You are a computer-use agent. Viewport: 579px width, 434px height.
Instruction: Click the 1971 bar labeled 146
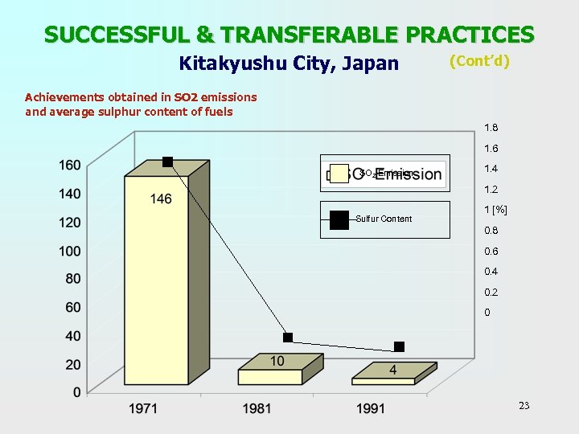(157, 281)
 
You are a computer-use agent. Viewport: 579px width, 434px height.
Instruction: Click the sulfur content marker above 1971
(167, 162)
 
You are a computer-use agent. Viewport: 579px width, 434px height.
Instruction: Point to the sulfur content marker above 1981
(288, 338)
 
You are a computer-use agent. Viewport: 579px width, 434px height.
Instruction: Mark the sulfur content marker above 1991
(399, 346)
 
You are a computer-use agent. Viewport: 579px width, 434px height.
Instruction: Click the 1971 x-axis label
(143, 409)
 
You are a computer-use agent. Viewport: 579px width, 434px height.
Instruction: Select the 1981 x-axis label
(257, 409)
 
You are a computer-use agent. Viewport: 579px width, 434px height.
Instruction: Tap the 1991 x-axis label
(371, 409)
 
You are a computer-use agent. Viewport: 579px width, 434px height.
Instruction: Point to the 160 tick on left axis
(69, 165)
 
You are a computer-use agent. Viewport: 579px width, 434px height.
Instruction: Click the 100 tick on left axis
(69, 251)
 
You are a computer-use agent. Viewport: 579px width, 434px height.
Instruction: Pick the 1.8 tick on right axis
(491, 128)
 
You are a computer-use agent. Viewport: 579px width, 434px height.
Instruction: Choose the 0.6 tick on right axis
(491, 251)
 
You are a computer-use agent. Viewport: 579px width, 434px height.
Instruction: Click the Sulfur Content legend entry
(384, 219)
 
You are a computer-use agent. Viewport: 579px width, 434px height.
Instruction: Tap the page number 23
(524, 406)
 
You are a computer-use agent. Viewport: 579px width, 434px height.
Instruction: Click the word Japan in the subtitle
(372, 63)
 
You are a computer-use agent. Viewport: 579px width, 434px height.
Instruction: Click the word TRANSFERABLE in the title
(308, 35)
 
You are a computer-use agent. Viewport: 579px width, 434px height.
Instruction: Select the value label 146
(161, 199)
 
